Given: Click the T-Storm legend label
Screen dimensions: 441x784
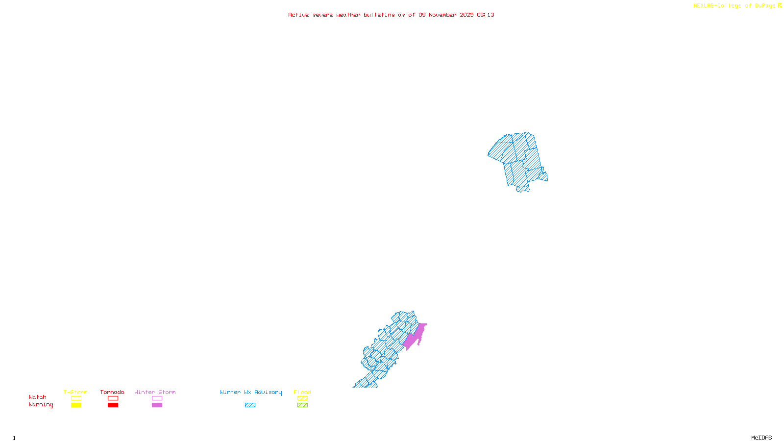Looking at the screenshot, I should [75, 392].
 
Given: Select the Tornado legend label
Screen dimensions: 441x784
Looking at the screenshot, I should [112, 392].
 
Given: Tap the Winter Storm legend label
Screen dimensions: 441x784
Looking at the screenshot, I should [155, 392].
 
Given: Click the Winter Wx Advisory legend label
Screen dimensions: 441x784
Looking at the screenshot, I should [251, 392].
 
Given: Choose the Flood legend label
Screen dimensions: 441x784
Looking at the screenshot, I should [302, 392].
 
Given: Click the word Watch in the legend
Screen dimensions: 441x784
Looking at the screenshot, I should [38, 397].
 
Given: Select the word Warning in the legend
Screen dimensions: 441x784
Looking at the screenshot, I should [41, 405].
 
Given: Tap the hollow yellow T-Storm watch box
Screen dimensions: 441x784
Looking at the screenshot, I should [76, 398].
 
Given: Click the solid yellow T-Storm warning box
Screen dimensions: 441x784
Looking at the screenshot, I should [76, 405].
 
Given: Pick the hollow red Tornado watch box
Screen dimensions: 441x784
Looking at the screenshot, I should [113, 398].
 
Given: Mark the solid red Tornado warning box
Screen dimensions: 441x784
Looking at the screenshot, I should [113, 405].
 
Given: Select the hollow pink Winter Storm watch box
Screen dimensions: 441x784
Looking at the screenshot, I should [157, 398].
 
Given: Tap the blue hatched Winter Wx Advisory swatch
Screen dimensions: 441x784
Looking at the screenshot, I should [250, 405].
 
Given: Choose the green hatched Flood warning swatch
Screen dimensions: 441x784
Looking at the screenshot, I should [302, 405].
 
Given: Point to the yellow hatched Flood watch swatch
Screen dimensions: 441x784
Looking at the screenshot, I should [302, 398].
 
